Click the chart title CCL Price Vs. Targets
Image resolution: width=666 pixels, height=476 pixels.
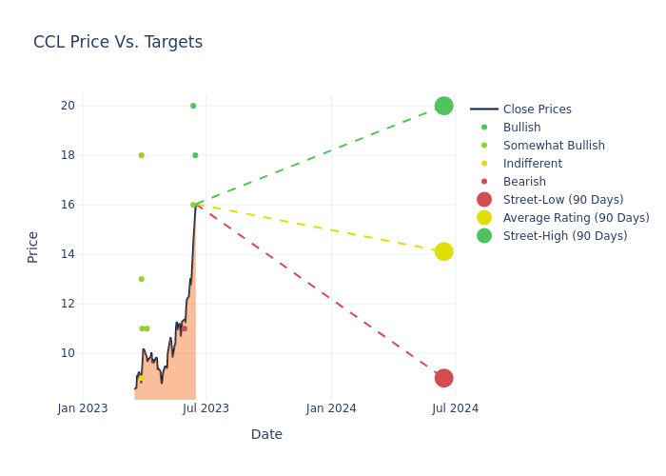coord(118,42)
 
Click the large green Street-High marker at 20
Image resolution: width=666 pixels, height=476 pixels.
coord(443,106)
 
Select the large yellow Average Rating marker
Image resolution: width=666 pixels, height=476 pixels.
coord(443,251)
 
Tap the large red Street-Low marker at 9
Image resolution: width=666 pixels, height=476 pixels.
coord(443,378)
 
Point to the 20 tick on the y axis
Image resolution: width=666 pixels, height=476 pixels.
coord(68,106)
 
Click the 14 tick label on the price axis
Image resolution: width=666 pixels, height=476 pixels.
coord(68,254)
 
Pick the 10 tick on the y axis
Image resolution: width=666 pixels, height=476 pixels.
coord(68,353)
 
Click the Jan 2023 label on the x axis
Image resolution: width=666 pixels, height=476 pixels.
coord(83,408)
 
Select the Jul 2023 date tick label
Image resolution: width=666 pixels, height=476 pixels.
coord(206,408)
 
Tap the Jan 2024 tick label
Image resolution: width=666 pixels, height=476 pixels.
coord(331,408)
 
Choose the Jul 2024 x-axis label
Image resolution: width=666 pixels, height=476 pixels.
coord(455,408)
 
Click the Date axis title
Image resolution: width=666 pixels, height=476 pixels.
coord(266,434)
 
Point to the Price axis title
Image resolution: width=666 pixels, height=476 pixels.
coord(33,247)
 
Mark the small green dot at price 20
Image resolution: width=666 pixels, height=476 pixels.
coord(193,106)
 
